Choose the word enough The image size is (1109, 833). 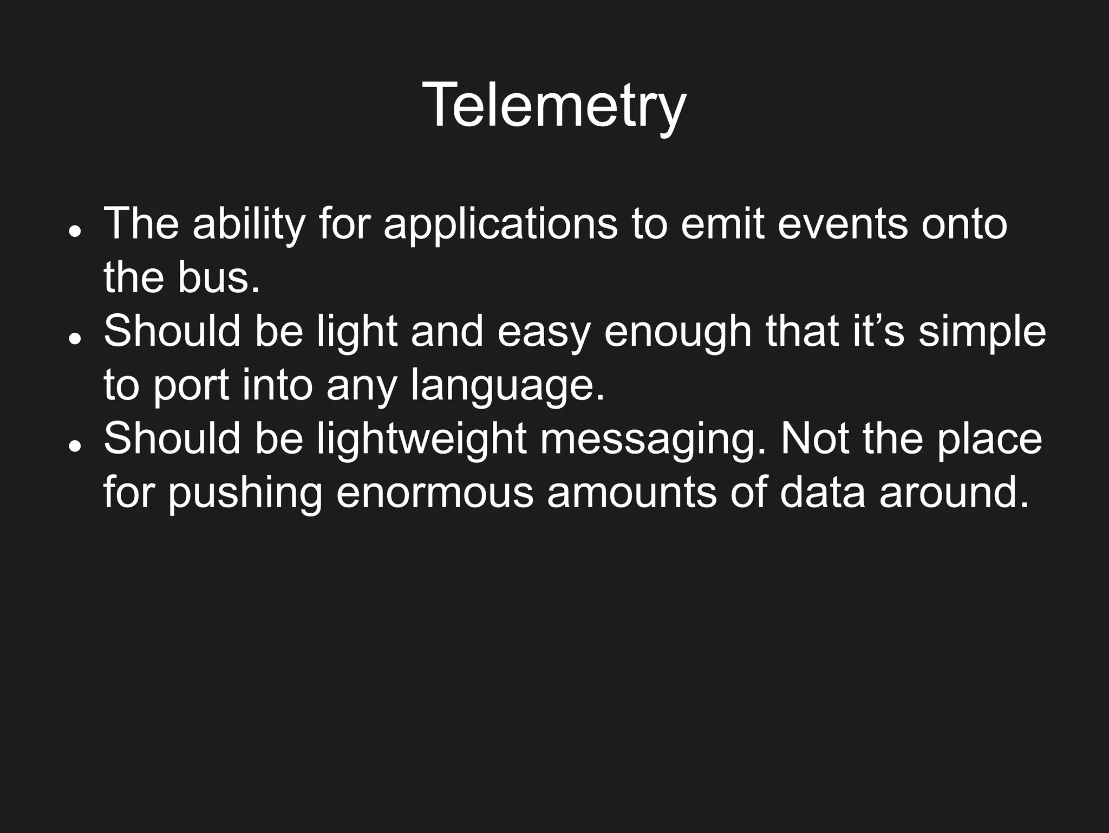tap(677, 331)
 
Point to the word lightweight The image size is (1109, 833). tap(421, 438)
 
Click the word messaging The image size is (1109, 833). tap(654, 438)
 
